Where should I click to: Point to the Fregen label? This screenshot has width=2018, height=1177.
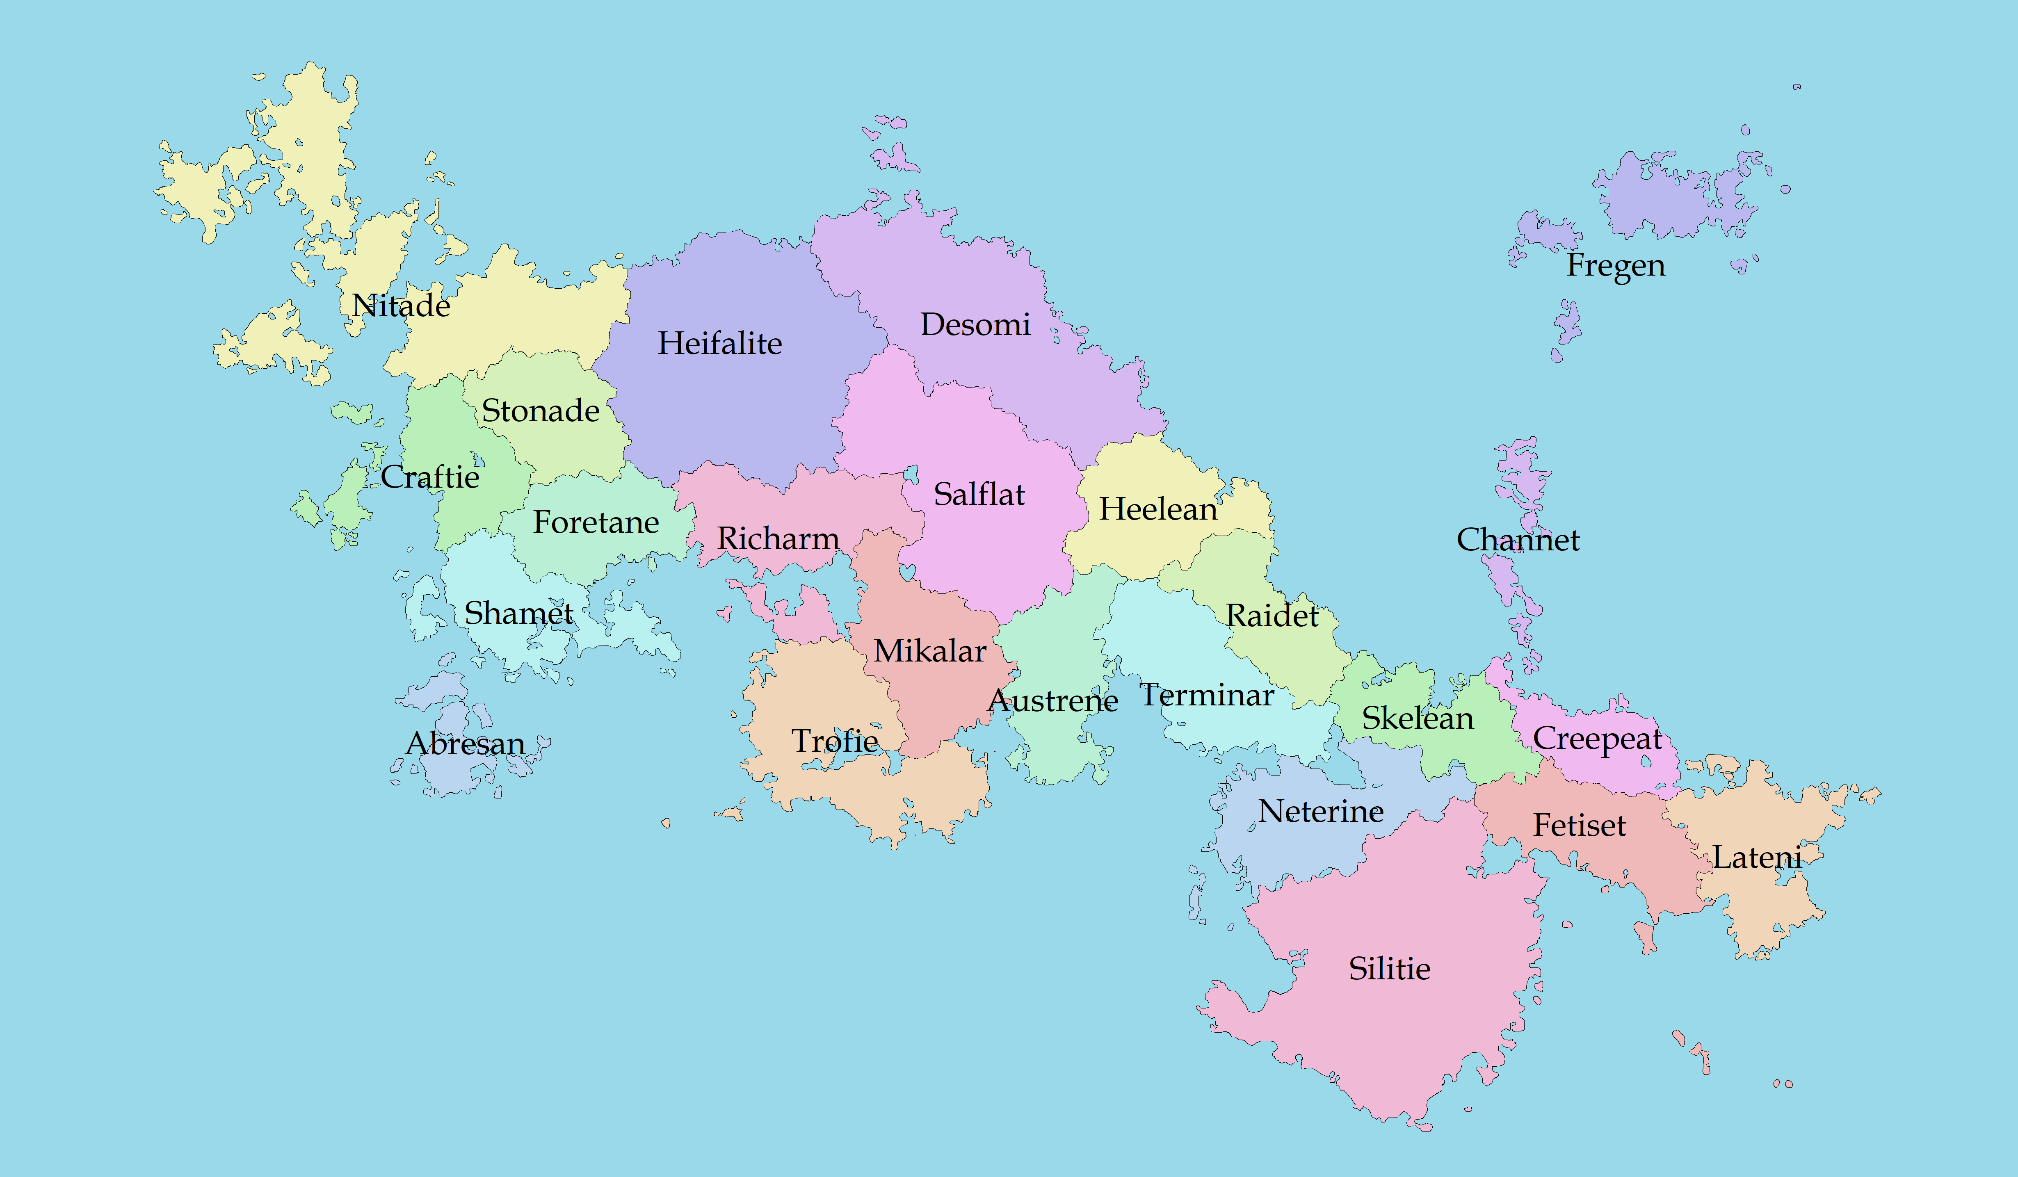(1615, 265)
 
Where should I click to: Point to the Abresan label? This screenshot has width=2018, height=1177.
(465, 744)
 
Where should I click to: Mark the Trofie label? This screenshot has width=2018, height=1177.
(834, 741)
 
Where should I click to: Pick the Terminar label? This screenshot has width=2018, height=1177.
(1206, 695)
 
